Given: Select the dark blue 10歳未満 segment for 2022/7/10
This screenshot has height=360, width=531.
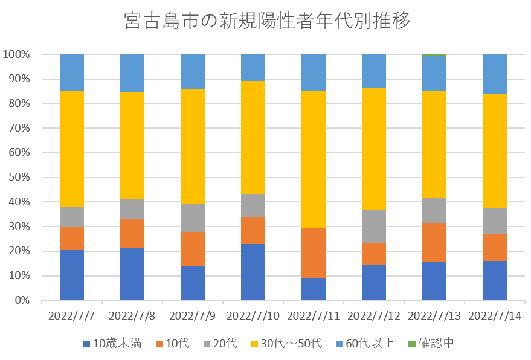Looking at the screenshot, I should point(253,272).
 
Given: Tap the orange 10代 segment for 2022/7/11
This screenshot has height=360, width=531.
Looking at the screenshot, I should point(314,253).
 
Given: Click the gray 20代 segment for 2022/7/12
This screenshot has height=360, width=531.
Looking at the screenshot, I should point(374,227).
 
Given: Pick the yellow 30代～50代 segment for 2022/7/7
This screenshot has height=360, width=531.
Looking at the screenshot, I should point(72,149).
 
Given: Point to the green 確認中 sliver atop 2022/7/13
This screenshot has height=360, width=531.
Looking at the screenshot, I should point(434,55).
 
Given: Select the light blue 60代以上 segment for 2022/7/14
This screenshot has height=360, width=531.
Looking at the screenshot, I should point(495,74).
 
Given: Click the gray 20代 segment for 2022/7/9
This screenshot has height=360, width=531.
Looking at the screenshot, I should point(193,217).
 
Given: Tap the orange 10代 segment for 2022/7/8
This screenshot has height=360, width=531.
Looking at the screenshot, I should point(132,233).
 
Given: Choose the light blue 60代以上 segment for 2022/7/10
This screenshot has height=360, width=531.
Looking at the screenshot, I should point(253,67).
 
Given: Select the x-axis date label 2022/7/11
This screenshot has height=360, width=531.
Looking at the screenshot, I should point(314,316).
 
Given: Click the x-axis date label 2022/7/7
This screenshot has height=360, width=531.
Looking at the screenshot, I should point(72,316).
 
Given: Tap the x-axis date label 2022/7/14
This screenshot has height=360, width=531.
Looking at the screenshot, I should point(495,316).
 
